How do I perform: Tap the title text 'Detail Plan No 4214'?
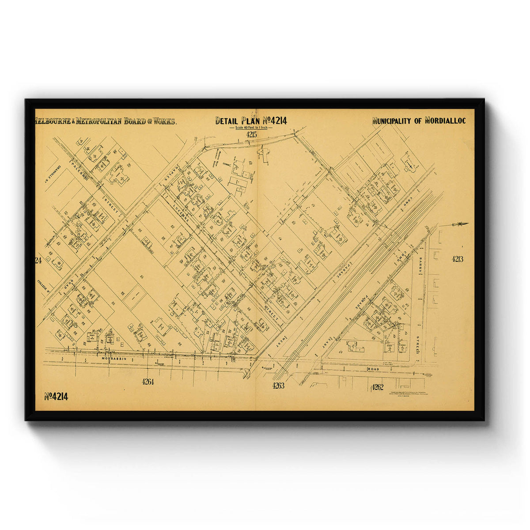(x=251, y=121)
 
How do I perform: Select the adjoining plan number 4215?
(x=252, y=134)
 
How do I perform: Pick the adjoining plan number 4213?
(x=458, y=259)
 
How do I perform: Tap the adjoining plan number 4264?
(x=148, y=382)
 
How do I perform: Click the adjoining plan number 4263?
(x=278, y=386)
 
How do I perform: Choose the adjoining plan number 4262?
(x=377, y=387)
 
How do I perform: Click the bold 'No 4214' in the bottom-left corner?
(x=56, y=396)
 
